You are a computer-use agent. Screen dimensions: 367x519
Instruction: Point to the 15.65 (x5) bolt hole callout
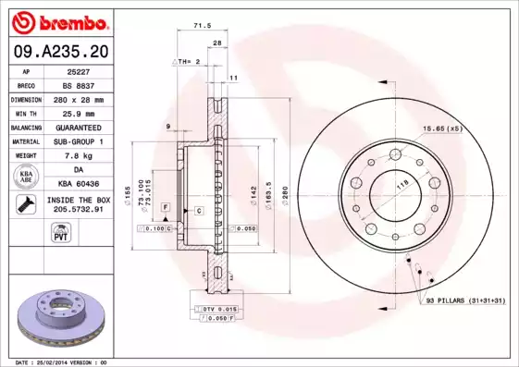tap(442, 128)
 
